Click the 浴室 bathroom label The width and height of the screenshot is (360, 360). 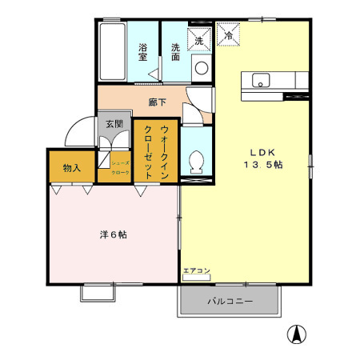(144, 52)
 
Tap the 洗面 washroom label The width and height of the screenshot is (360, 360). (175, 52)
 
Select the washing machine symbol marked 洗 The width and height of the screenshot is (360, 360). (198, 38)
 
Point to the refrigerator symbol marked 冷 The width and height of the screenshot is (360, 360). (228, 36)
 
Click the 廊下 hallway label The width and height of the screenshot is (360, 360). (158, 102)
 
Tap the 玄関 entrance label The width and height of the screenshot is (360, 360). (114, 124)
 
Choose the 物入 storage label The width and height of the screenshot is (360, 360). (72, 168)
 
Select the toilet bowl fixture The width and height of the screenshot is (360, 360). (195, 162)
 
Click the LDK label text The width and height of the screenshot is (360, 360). (264, 151)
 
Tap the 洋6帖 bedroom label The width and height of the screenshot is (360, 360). (113, 235)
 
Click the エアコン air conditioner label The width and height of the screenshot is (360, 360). (197, 270)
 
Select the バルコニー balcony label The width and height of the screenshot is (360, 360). (230, 302)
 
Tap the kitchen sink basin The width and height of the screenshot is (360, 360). (262, 79)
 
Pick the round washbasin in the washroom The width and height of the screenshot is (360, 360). (202, 68)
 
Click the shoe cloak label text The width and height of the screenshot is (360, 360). (120, 167)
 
